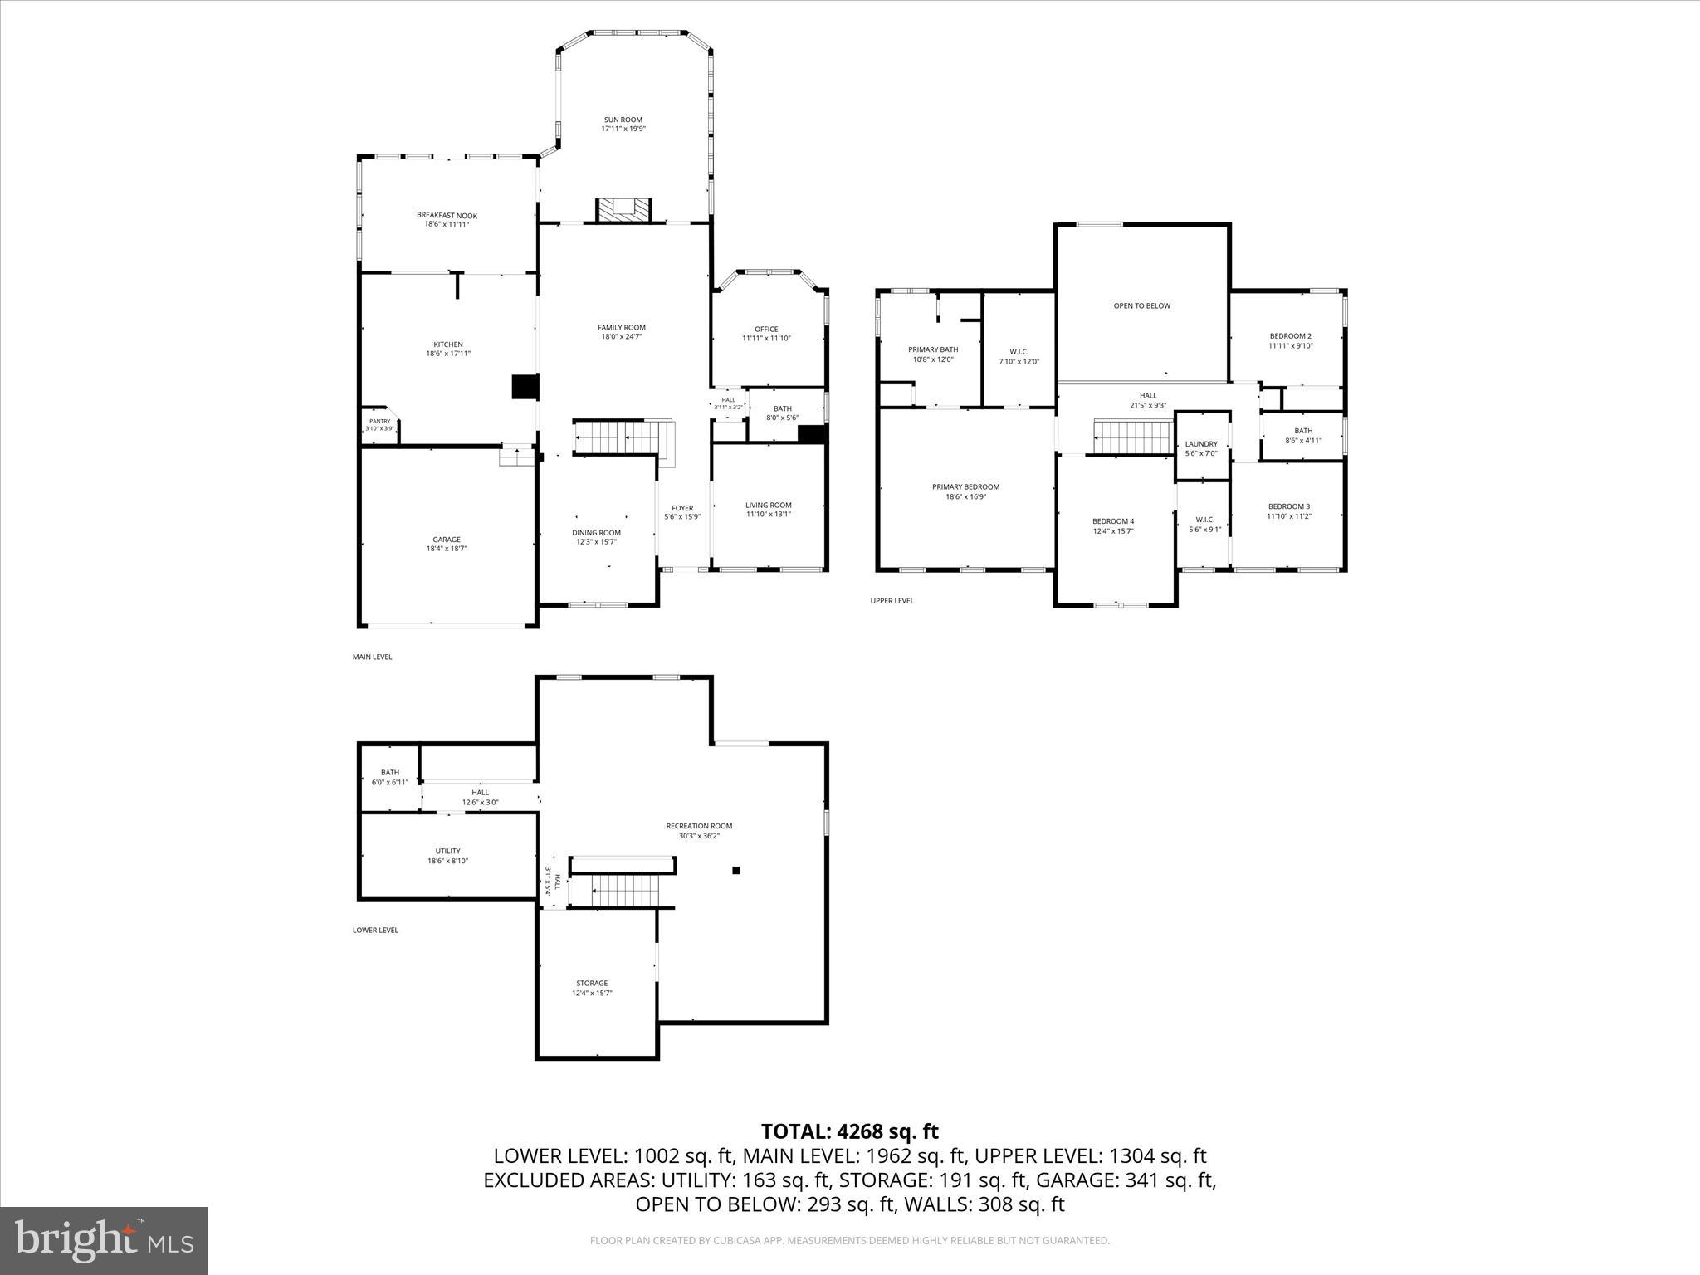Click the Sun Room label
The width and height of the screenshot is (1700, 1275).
click(623, 120)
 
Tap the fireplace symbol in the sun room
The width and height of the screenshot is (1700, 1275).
click(623, 209)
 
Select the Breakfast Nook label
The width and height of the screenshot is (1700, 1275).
click(447, 216)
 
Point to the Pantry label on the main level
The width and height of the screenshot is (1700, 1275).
click(379, 422)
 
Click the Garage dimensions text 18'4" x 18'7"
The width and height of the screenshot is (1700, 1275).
click(447, 549)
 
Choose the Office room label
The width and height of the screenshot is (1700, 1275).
click(766, 330)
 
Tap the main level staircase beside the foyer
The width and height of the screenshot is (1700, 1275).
click(618, 437)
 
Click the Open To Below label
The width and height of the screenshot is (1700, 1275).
click(1141, 306)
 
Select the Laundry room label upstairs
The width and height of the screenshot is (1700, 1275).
click(1200, 444)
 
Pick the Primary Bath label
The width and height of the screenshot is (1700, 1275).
click(932, 350)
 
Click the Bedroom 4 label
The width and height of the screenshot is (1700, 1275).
click(1112, 521)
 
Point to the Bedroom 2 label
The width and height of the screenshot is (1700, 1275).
click(1290, 336)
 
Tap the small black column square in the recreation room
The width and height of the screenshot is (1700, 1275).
click(735, 871)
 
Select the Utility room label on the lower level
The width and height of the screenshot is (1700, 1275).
click(447, 851)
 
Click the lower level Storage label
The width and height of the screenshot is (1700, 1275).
click(592, 984)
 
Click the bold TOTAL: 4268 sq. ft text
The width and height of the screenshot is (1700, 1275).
click(849, 1131)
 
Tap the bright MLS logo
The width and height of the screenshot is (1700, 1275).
click(104, 1240)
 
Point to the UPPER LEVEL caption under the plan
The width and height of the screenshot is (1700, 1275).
click(892, 601)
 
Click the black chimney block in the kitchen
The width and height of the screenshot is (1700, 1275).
click(525, 388)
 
